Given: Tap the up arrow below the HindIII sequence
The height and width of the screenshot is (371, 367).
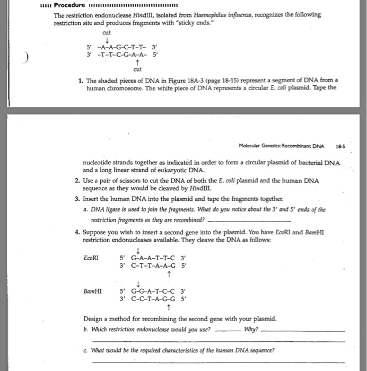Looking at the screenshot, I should [137, 61].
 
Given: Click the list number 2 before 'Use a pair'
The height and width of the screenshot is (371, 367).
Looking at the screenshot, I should [77, 181].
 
